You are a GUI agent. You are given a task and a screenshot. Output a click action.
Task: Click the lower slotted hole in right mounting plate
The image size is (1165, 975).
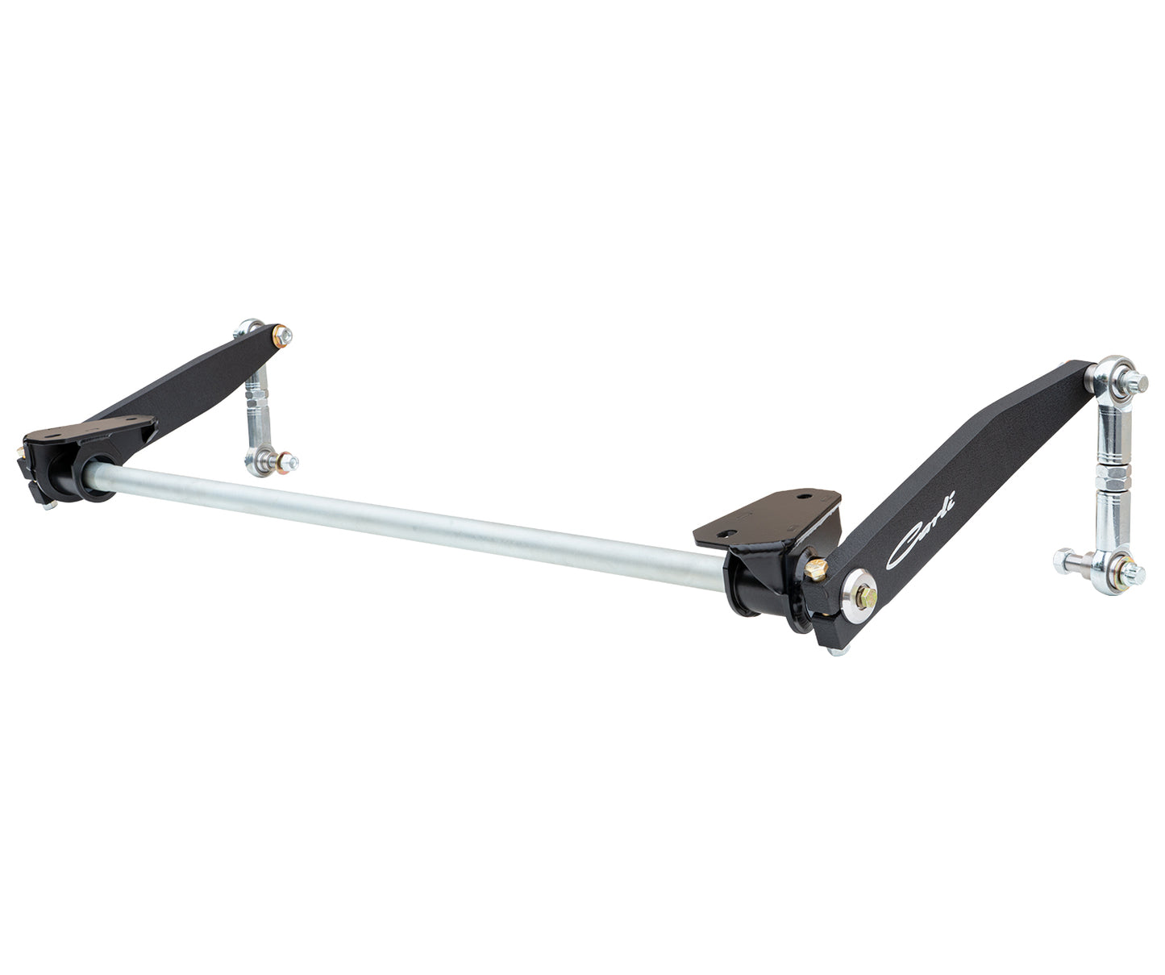[730, 531]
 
